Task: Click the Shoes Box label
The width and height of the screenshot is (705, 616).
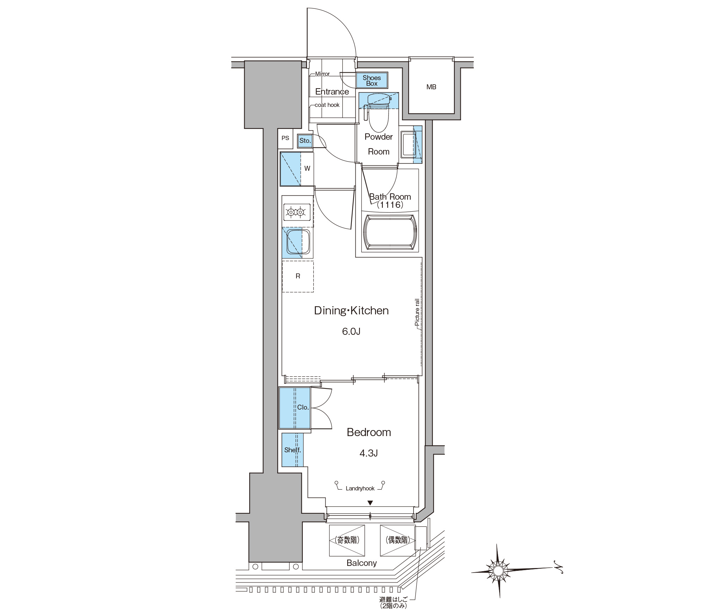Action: coord(372,80)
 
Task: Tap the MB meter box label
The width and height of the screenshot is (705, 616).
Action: coord(431,87)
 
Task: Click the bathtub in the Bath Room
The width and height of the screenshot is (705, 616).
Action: coord(390,232)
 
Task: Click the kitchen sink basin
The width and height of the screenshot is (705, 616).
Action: coord(298,242)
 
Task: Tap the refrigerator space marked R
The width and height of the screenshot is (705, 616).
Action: coord(298,276)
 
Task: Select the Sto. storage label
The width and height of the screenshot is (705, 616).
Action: coord(305,140)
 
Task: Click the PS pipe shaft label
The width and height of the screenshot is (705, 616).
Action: coord(285,138)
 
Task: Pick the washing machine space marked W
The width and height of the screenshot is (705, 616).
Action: coord(307,169)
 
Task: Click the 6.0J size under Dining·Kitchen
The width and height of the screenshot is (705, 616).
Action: coord(351,331)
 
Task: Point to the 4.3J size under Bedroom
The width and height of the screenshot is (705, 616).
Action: coord(369,453)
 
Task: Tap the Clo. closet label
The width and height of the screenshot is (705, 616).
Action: coord(303,407)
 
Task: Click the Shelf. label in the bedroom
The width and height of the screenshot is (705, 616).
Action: coord(293,450)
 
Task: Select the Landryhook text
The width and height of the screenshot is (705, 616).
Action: coord(360,489)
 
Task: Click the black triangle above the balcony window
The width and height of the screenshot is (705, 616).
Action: coord(370,503)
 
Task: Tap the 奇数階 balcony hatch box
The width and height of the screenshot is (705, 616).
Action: coord(347,540)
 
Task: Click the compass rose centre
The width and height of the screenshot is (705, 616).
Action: coord(498,570)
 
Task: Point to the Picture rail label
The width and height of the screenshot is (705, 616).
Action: coord(417,312)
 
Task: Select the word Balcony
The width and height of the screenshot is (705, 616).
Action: coord(362,563)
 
